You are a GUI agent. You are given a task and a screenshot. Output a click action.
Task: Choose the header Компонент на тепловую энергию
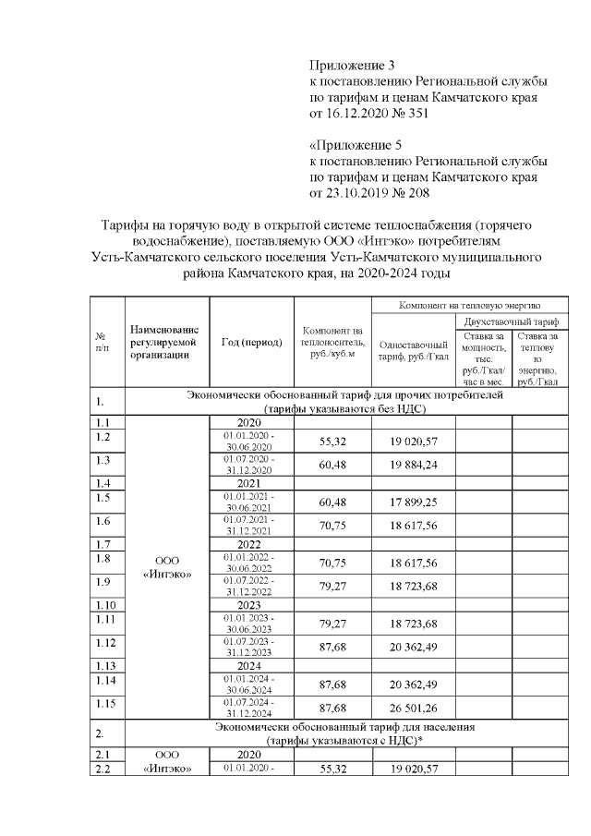(x=469, y=304)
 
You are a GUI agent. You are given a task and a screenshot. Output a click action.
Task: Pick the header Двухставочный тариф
(x=507, y=320)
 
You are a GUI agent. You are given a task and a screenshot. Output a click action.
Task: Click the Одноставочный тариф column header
(x=413, y=350)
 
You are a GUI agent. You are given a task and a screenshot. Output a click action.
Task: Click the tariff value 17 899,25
(x=413, y=502)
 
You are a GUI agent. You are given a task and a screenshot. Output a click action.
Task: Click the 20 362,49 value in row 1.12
(x=413, y=646)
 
